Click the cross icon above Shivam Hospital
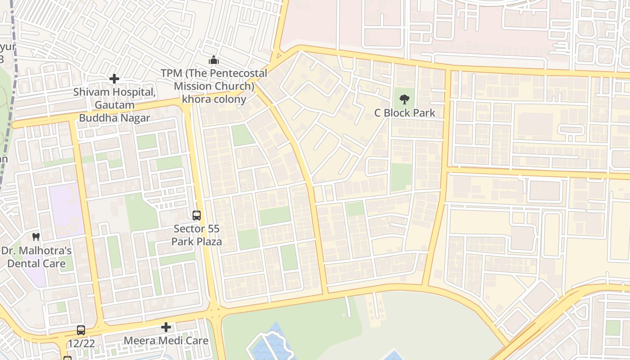114,79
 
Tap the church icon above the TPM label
213,60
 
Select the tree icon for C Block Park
405,99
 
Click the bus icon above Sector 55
197,216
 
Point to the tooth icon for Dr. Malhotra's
36,237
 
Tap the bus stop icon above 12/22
81,330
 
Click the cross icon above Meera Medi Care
166,327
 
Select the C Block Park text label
405,112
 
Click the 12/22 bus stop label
81,343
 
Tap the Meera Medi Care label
166,341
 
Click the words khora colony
214,99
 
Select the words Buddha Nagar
114,118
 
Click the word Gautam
114,105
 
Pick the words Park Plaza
197,242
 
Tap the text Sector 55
197,229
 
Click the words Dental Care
36,263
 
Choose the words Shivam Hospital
114,92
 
